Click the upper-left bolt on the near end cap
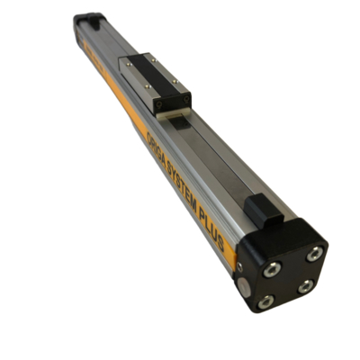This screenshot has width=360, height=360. click(269, 267)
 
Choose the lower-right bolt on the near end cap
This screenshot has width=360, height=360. click(306, 286)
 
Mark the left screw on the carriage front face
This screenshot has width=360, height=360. click(158, 102)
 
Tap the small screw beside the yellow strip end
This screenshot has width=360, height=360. click(238, 267)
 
